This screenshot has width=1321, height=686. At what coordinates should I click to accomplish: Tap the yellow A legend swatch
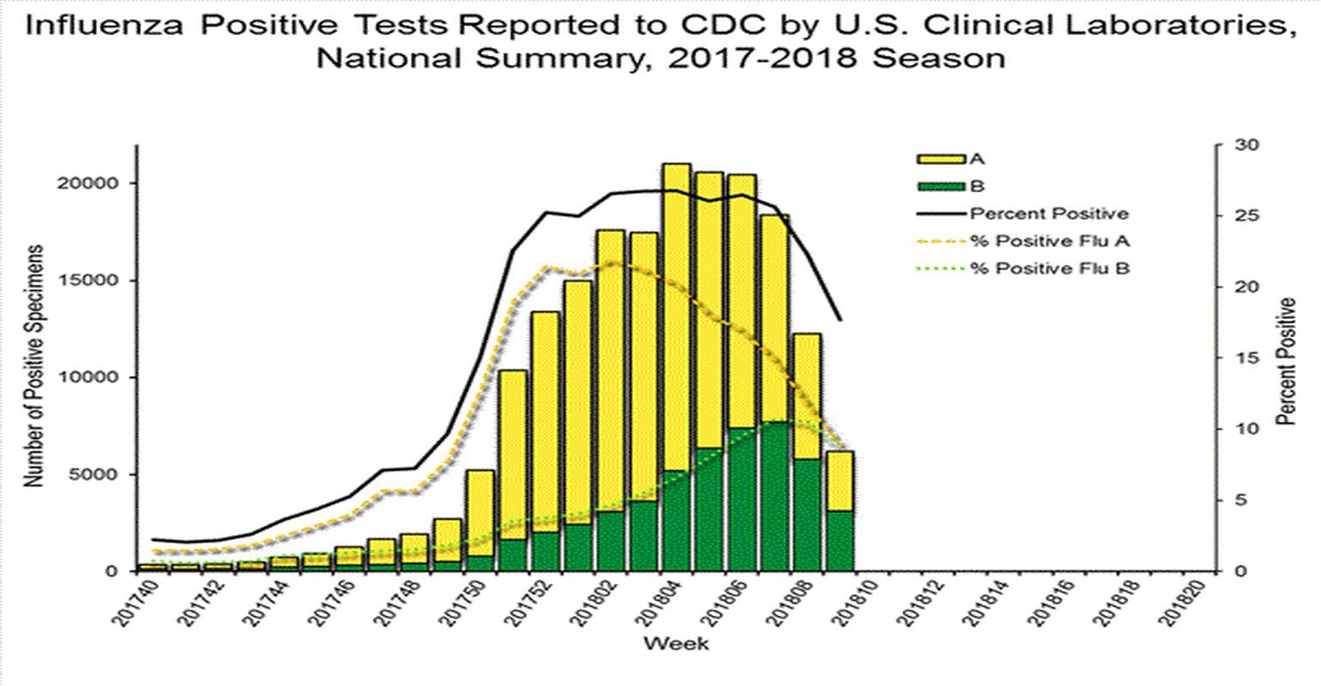pos(942,159)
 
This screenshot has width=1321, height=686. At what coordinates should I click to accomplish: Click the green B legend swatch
pos(942,186)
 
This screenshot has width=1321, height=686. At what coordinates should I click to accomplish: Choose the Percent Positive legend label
pos(1049,214)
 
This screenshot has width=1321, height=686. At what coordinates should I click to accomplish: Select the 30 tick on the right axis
pos(1246,145)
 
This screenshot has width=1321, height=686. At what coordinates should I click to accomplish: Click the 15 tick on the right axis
pos(1246,358)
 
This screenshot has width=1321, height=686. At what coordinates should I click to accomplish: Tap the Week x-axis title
pos(676,643)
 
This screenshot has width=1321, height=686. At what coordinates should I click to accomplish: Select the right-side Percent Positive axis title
pos(1285,362)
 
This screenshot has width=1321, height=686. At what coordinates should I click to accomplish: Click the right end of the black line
pos(841,320)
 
